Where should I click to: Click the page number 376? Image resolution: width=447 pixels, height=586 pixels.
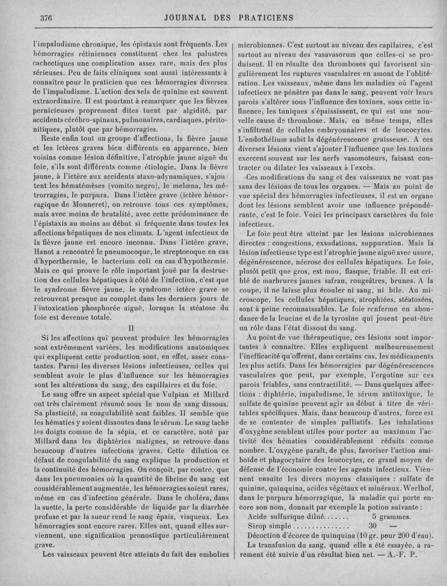(46, 17)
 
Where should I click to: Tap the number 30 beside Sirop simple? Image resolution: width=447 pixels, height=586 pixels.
(374, 526)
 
